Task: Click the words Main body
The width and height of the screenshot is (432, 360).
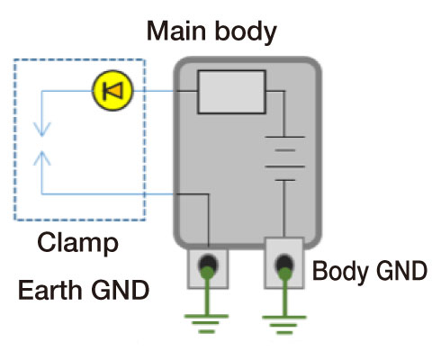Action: tap(212, 33)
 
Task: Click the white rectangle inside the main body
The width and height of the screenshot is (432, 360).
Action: tap(229, 93)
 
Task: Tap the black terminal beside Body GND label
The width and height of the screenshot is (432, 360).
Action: tap(284, 264)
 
